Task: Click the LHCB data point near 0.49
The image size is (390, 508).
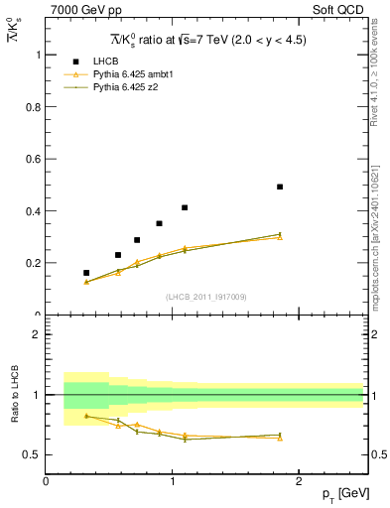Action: [280, 187]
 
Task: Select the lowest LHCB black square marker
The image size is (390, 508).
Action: [86, 273]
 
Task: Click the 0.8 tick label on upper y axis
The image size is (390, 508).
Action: [34, 107]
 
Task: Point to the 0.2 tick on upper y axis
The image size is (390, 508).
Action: [34, 263]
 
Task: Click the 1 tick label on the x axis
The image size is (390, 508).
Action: [173, 480]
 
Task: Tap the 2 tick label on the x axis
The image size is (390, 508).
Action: [300, 480]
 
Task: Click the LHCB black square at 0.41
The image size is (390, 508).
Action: [185, 207]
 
